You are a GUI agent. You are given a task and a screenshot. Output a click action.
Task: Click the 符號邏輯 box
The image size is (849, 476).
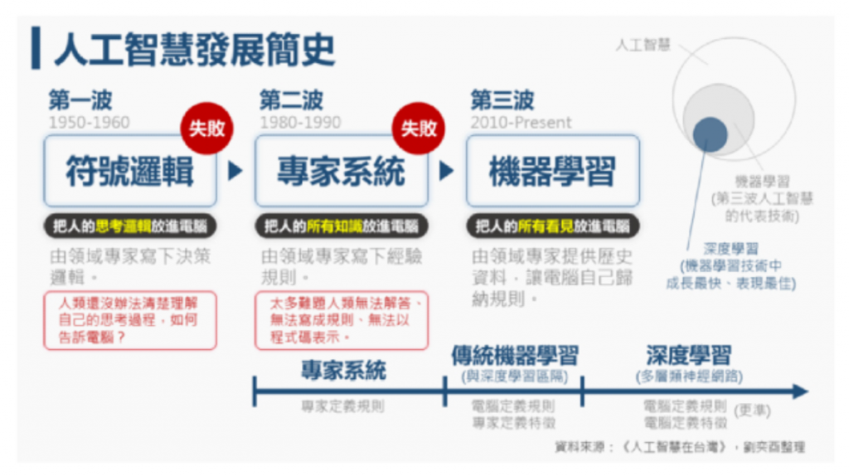click(129, 171)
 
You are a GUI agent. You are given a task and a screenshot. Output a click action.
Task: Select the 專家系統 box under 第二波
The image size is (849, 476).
click(341, 171)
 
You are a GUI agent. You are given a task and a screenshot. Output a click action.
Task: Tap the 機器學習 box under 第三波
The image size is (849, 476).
click(552, 171)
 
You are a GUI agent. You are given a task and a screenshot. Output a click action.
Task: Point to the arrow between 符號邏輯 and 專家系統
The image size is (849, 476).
click(235, 171)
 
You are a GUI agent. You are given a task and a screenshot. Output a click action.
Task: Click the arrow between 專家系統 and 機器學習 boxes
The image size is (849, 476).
click(447, 171)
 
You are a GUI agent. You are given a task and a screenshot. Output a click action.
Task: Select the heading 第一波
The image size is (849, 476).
click(80, 101)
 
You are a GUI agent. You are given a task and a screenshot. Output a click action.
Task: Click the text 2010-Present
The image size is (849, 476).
click(521, 123)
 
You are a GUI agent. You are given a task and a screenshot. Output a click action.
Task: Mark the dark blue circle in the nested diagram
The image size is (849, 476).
click(710, 134)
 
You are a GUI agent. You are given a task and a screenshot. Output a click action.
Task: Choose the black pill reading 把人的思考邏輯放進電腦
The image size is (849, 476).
click(129, 226)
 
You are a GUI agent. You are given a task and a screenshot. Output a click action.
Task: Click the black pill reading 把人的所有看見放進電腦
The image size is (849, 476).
click(552, 226)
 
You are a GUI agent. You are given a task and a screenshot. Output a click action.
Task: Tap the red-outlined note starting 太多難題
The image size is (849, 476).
click(341, 320)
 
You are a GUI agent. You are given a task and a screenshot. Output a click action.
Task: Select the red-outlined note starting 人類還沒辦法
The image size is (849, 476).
click(129, 320)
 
